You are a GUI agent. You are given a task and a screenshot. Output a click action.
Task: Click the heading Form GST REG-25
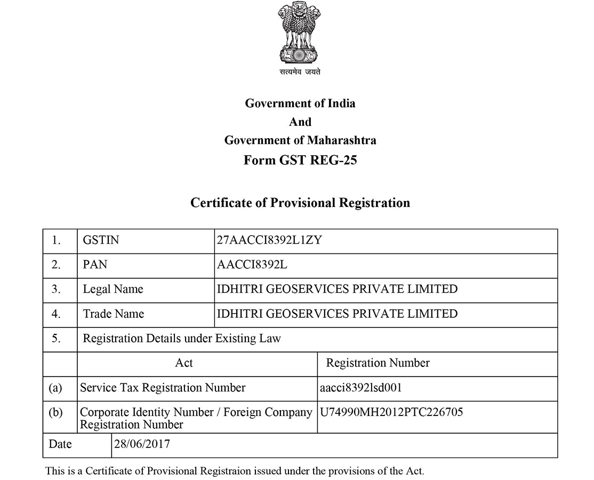(300, 160)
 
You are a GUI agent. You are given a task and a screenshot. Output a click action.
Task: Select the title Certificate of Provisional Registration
(300, 203)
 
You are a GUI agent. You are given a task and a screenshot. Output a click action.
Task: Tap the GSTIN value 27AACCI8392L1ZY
(269, 241)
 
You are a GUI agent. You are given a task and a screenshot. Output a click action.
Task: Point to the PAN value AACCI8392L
(252, 265)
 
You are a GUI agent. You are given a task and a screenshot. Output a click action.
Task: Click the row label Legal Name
(113, 289)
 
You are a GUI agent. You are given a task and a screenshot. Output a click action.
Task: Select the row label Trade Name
(114, 314)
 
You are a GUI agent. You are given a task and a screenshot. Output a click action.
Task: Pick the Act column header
(184, 363)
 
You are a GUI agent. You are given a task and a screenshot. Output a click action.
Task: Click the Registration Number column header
(378, 363)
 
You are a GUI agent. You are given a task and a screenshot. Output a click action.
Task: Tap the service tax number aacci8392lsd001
(360, 388)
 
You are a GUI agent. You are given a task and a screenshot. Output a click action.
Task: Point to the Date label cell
(60, 444)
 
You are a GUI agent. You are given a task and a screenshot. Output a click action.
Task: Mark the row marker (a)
(55, 388)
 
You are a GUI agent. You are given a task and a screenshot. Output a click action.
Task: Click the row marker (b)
(55, 412)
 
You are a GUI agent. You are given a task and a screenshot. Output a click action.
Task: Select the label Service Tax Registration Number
(163, 388)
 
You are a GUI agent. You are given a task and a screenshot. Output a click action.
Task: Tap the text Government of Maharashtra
(300, 140)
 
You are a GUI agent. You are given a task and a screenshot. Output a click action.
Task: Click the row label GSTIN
(101, 241)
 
